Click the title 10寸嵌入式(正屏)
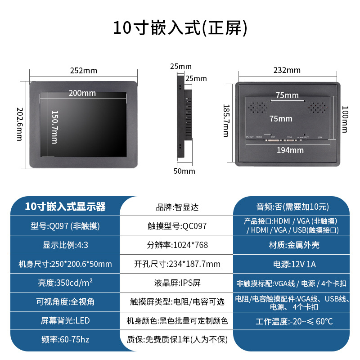point(180,27)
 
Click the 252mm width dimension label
point(84,71)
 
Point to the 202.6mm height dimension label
point(19,124)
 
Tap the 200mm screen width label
point(82,93)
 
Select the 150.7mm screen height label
point(54,127)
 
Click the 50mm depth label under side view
point(184,171)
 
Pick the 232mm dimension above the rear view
point(287,70)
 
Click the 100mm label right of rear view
point(344,119)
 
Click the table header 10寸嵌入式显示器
point(65,207)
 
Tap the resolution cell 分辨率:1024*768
point(177,245)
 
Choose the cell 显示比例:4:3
point(65,245)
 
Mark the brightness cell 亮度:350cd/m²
point(65,283)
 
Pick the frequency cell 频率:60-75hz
point(65,340)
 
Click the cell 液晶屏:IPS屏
point(177,283)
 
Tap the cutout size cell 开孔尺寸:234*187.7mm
point(177,264)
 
